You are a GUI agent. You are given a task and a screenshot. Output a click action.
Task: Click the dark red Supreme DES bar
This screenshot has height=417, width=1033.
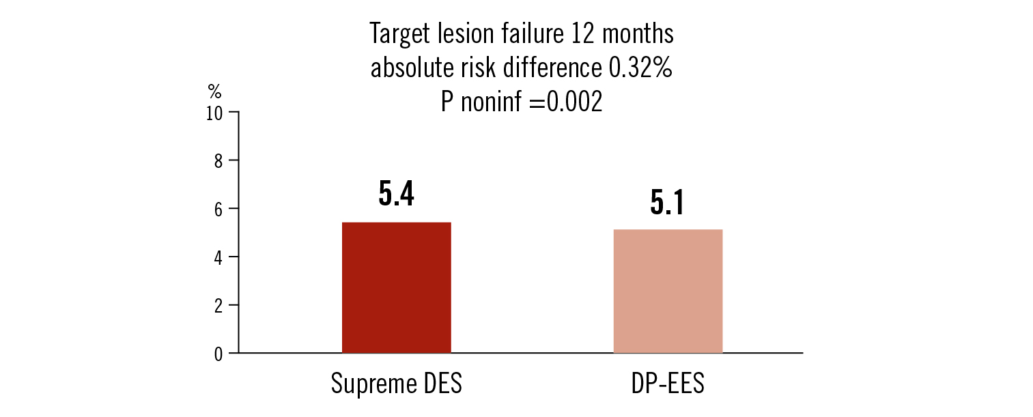tap(396, 287)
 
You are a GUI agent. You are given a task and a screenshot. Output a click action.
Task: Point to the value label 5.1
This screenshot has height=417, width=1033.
tap(667, 203)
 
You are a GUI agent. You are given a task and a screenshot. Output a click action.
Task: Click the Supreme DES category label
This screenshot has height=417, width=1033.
tap(396, 384)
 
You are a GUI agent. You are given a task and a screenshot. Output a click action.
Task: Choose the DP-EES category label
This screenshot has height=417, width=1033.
tap(668, 384)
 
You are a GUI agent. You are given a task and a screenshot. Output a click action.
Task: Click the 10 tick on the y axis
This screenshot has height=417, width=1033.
tap(214, 113)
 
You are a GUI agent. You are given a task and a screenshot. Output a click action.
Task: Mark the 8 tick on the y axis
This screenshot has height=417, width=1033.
tap(218, 160)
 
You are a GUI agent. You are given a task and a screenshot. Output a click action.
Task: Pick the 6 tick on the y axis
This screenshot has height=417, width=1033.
tap(218, 209)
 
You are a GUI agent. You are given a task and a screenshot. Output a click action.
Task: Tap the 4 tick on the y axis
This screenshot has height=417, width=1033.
tap(218, 257)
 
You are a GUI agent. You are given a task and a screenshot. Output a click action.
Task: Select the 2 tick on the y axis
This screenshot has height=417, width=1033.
tap(218, 305)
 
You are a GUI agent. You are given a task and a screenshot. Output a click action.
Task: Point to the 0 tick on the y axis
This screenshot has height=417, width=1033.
tap(218, 354)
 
